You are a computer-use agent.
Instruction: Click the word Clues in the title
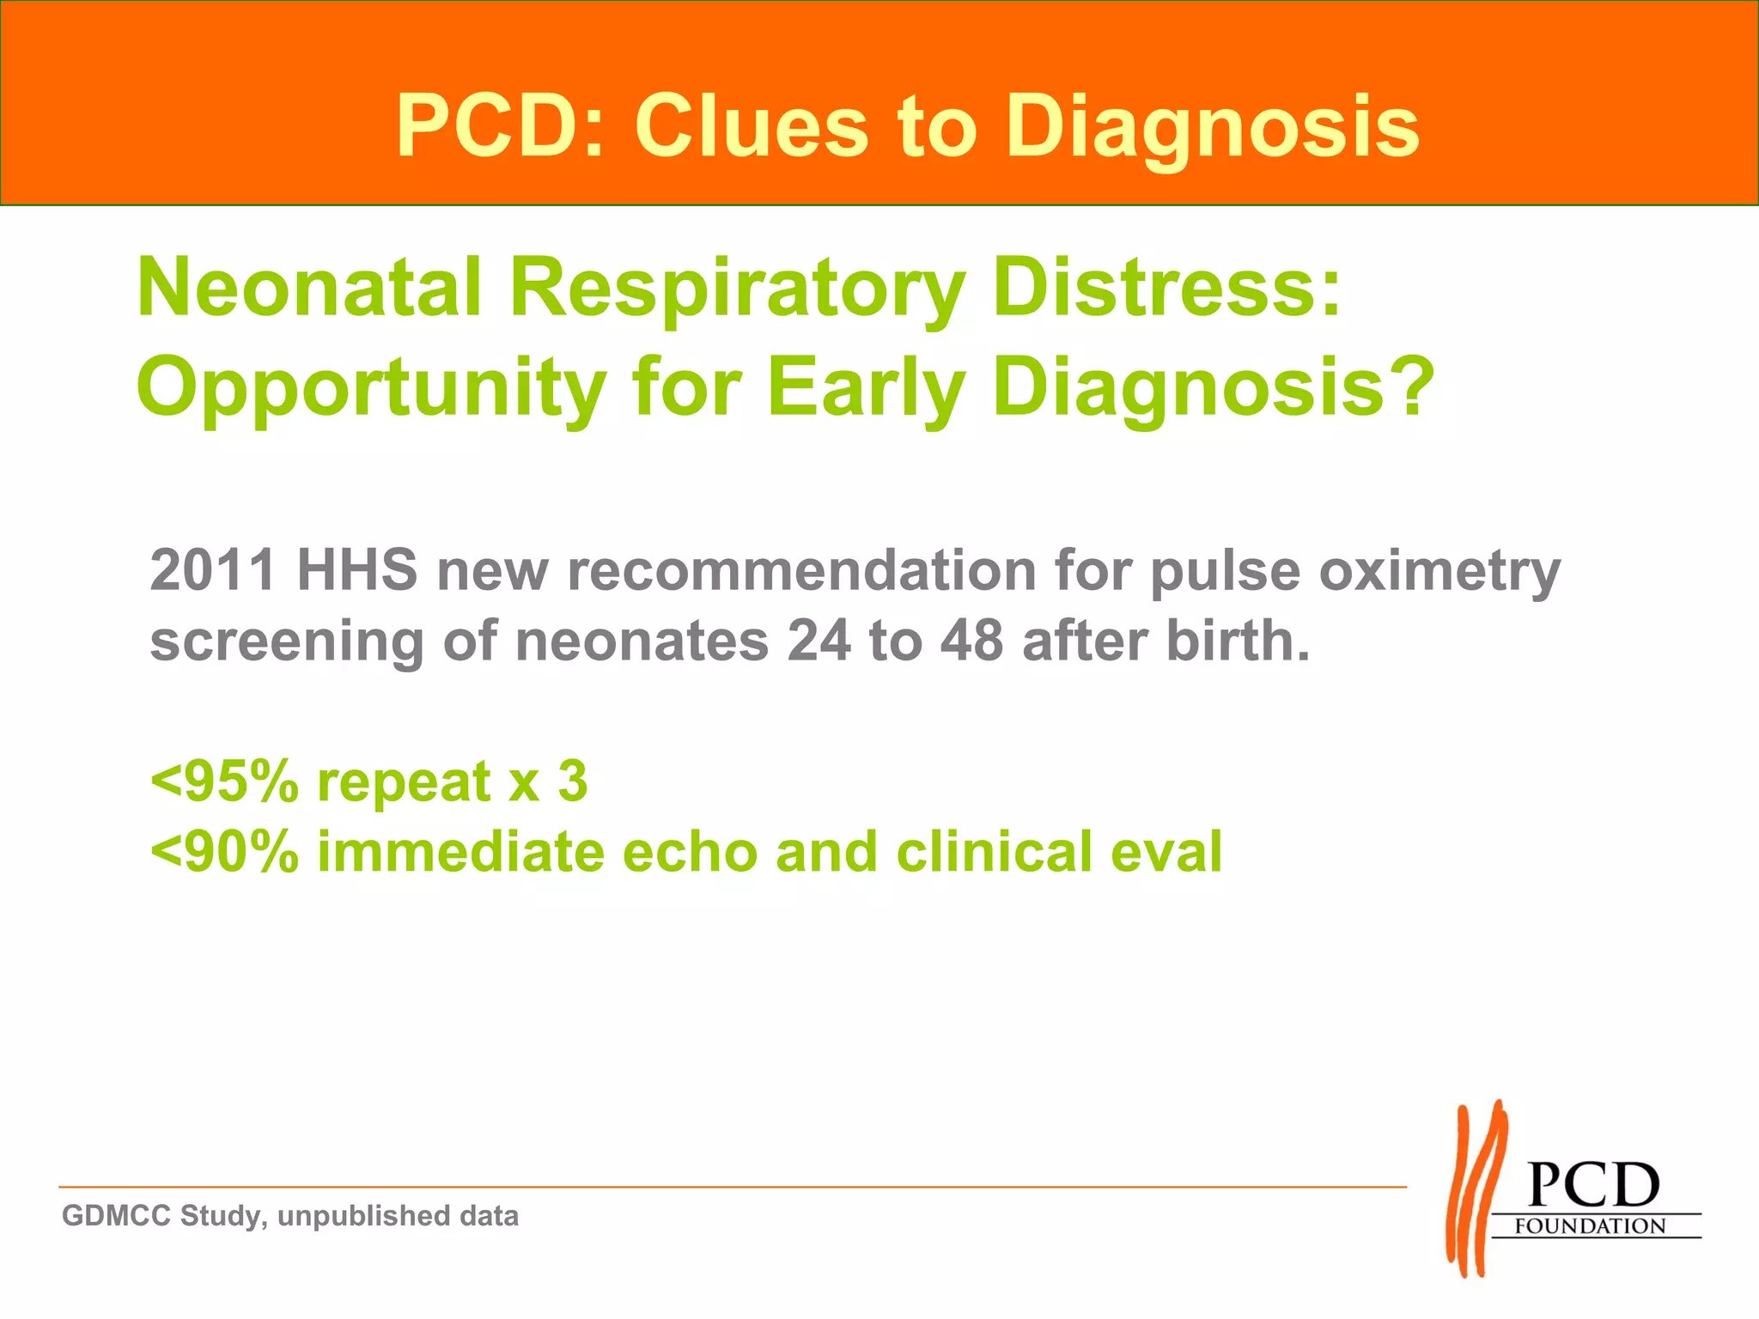point(751,126)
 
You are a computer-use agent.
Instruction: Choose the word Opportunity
point(371,388)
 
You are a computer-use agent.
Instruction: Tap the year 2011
point(213,570)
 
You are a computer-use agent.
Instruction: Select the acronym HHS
point(357,570)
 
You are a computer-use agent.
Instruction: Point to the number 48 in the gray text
point(971,641)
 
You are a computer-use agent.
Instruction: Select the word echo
point(690,852)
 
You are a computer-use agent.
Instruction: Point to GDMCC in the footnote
point(116,1216)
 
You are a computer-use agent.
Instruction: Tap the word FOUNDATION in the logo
point(1590,1225)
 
